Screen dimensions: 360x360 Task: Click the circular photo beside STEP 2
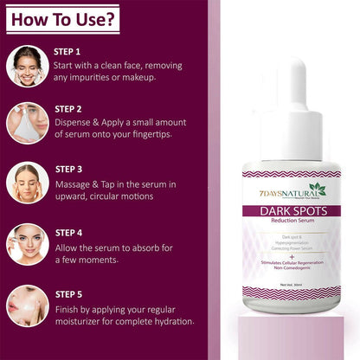tap(27, 123)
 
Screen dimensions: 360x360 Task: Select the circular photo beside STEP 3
tap(27, 183)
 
